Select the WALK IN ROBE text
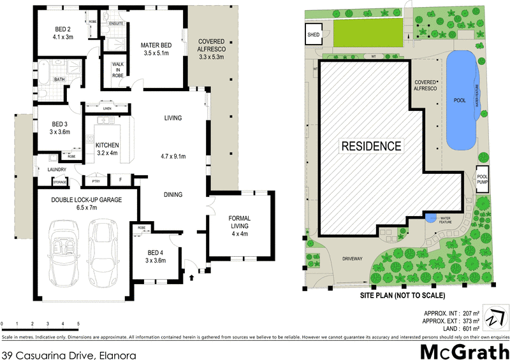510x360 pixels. (x=119, y=69)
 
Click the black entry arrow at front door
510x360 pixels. (x=192, y=278)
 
